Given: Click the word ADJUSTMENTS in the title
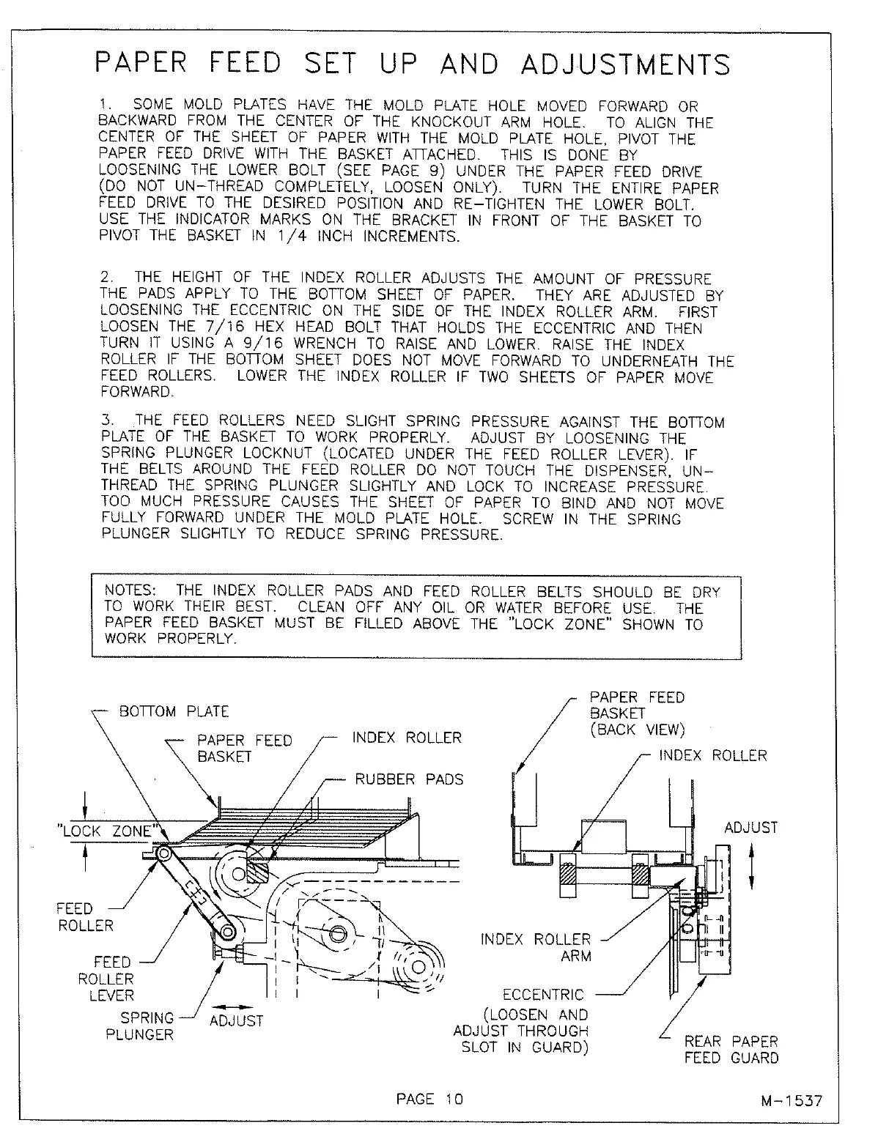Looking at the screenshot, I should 625,64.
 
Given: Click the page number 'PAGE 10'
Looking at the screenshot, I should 429,1099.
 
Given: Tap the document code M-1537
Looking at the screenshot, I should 793,1102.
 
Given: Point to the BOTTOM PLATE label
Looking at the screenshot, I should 174,711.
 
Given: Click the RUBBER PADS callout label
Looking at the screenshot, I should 409,779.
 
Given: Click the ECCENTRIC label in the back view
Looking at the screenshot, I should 543,995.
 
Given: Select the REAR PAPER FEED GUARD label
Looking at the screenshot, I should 731,1049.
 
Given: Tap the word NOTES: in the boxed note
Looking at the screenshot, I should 130,591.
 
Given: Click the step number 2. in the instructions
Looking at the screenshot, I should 106,278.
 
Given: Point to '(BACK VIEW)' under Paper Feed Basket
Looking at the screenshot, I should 637,730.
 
